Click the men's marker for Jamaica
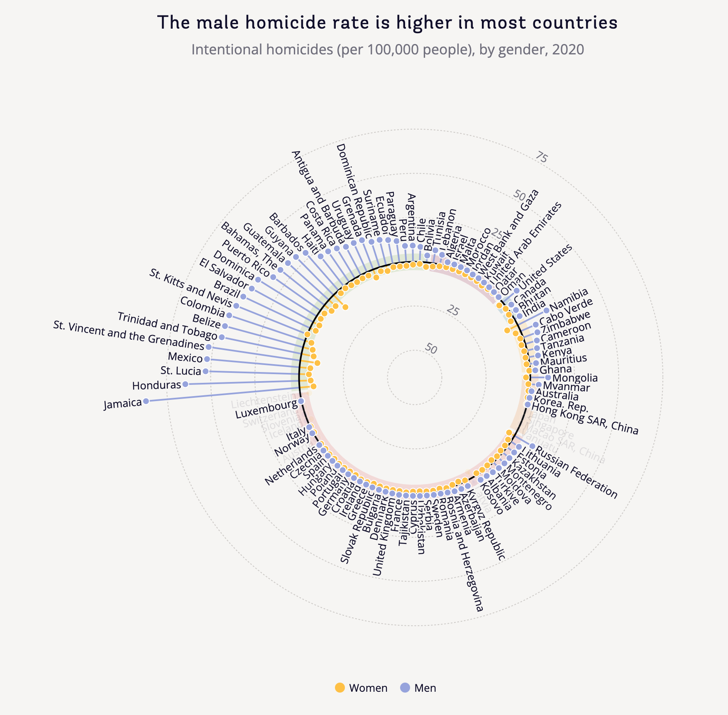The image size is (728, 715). tap(146, 401)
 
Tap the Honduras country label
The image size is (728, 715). tap(157, 385)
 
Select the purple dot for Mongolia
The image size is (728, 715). tap(548, 377)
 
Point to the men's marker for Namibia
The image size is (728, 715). tap(546, 310)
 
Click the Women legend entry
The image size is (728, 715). tap(361, 688)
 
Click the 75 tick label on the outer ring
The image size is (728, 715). tap(541, 157)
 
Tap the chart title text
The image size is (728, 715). tap(387, 23)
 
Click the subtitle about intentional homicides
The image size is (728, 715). tap(387, 49)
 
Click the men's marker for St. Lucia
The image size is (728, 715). tap(205, 371)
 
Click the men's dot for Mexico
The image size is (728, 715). tap(207, 359)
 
